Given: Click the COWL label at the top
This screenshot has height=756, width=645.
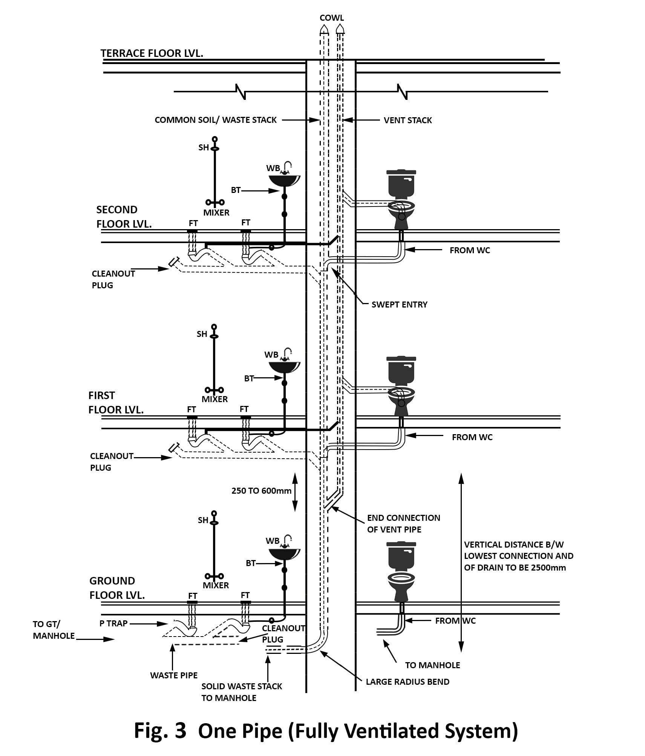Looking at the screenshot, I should pos(331,18).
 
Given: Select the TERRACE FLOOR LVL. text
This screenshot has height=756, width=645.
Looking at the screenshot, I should pos(152,53).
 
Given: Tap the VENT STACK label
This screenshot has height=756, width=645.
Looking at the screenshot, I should pos(408,120).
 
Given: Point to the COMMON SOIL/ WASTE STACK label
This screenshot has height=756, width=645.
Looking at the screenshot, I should pos(216,120).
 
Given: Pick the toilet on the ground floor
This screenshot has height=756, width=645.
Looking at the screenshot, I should pos(401,573).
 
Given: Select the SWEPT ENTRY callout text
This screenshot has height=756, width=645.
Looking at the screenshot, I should pos(399,305).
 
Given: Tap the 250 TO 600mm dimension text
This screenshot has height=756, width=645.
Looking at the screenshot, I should pos(261,491).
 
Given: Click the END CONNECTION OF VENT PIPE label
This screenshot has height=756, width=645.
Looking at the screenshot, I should pos(403,523).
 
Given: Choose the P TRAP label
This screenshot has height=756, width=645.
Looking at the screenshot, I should pos(113,623).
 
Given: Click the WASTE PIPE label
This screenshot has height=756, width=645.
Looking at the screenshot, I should pos(174,675).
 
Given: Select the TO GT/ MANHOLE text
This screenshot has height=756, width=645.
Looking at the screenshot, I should pos(54,630).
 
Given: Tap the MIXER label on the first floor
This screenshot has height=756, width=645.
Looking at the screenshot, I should pos(214,399).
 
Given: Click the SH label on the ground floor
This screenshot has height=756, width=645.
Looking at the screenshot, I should pos(203,520).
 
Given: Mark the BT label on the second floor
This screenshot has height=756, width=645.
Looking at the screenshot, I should pos(236,190).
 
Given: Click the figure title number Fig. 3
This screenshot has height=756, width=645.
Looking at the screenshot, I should pos(160,731).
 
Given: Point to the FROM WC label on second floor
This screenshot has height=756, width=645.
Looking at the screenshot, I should pos(470,250).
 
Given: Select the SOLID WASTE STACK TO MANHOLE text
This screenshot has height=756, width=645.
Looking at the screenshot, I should pos(241,692).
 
